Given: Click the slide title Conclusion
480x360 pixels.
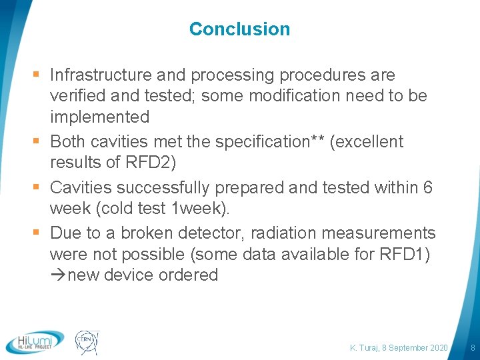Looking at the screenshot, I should coord(239,29).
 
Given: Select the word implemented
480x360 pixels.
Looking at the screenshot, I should coord(99,117).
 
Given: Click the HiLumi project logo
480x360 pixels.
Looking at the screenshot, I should coord(35,341).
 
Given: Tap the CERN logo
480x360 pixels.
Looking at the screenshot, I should coord(87,341).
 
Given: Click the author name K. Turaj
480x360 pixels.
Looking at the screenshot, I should coord(365,348).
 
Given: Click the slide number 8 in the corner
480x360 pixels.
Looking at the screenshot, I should coord(473,348).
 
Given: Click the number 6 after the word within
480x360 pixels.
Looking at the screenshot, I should coord(428,187).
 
